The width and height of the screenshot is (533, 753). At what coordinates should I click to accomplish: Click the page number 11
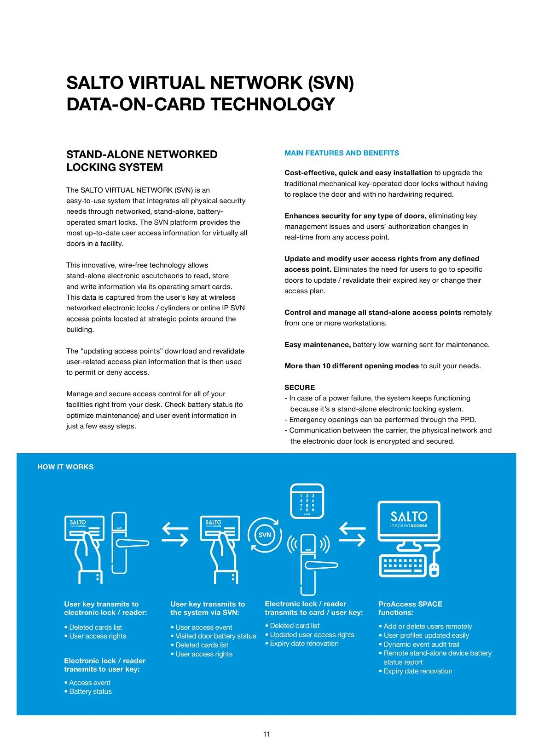[266, 734]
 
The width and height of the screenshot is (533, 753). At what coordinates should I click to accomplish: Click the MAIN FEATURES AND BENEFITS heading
[342, 153]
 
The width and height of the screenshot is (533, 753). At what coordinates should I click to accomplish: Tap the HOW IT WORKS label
[65, 467]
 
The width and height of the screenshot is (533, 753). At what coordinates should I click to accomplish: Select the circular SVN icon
[265, 535]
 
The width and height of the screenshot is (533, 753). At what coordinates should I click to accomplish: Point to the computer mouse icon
[434, 570]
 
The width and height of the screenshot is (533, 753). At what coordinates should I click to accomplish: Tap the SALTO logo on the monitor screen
[409, 519]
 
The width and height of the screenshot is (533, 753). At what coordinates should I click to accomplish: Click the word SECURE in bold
[300, 388]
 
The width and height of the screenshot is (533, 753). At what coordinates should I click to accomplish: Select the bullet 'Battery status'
[90, 691]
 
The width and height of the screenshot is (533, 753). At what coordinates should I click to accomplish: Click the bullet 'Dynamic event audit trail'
[421, 645]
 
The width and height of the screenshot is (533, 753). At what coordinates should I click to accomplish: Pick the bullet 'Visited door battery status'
[215, 636]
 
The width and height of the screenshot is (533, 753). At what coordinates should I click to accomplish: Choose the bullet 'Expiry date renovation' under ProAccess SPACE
[417, 671]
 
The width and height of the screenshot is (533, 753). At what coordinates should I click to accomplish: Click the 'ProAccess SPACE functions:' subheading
[410, 608]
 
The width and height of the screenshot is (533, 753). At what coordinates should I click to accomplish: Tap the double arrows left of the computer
[353, 535]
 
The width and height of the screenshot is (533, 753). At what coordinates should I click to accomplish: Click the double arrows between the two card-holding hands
[175, 535]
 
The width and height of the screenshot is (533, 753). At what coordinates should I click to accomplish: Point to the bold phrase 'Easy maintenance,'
[318, 345]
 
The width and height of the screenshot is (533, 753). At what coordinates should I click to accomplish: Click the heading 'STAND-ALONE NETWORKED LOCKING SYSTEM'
[142, 161]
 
